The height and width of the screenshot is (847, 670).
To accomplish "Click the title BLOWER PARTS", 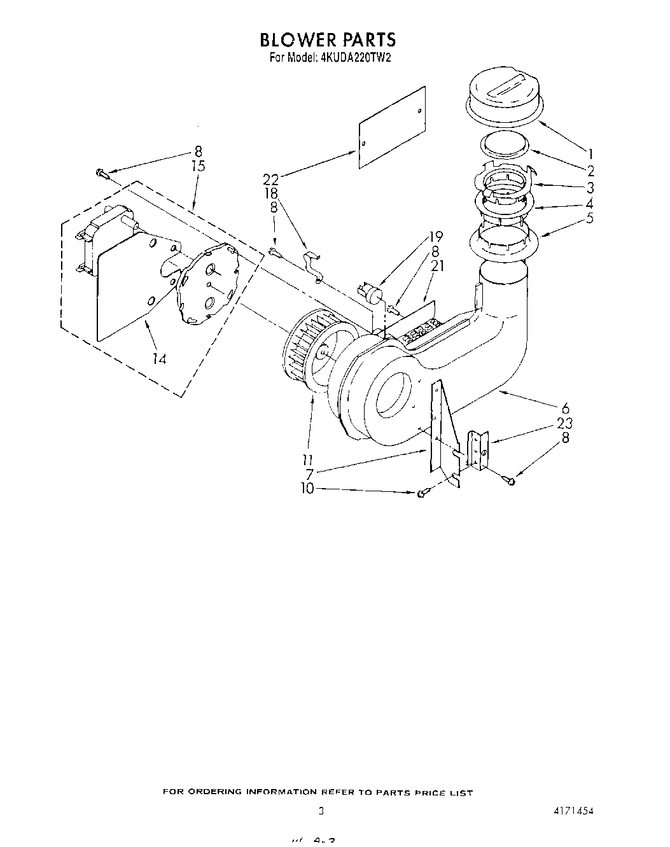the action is (x=328, y=40).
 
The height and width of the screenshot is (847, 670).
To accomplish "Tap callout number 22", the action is (x=271, y=180).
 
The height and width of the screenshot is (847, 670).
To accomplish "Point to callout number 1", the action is (x=590, y=153).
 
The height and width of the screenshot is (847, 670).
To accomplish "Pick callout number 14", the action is (x=159, y=359).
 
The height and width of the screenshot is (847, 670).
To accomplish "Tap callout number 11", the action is (x=308, y=459).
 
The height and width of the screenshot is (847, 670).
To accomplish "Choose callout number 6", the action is (x=566, y=409).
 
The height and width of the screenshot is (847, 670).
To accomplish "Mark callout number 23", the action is (x=564, y=423).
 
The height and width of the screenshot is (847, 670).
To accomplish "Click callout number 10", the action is (x=307, y=488).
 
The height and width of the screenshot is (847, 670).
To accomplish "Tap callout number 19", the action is (x=436, y=237).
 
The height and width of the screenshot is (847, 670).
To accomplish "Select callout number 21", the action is (x=436, y=266).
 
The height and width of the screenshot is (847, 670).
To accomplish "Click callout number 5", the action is (x=590, y=219).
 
